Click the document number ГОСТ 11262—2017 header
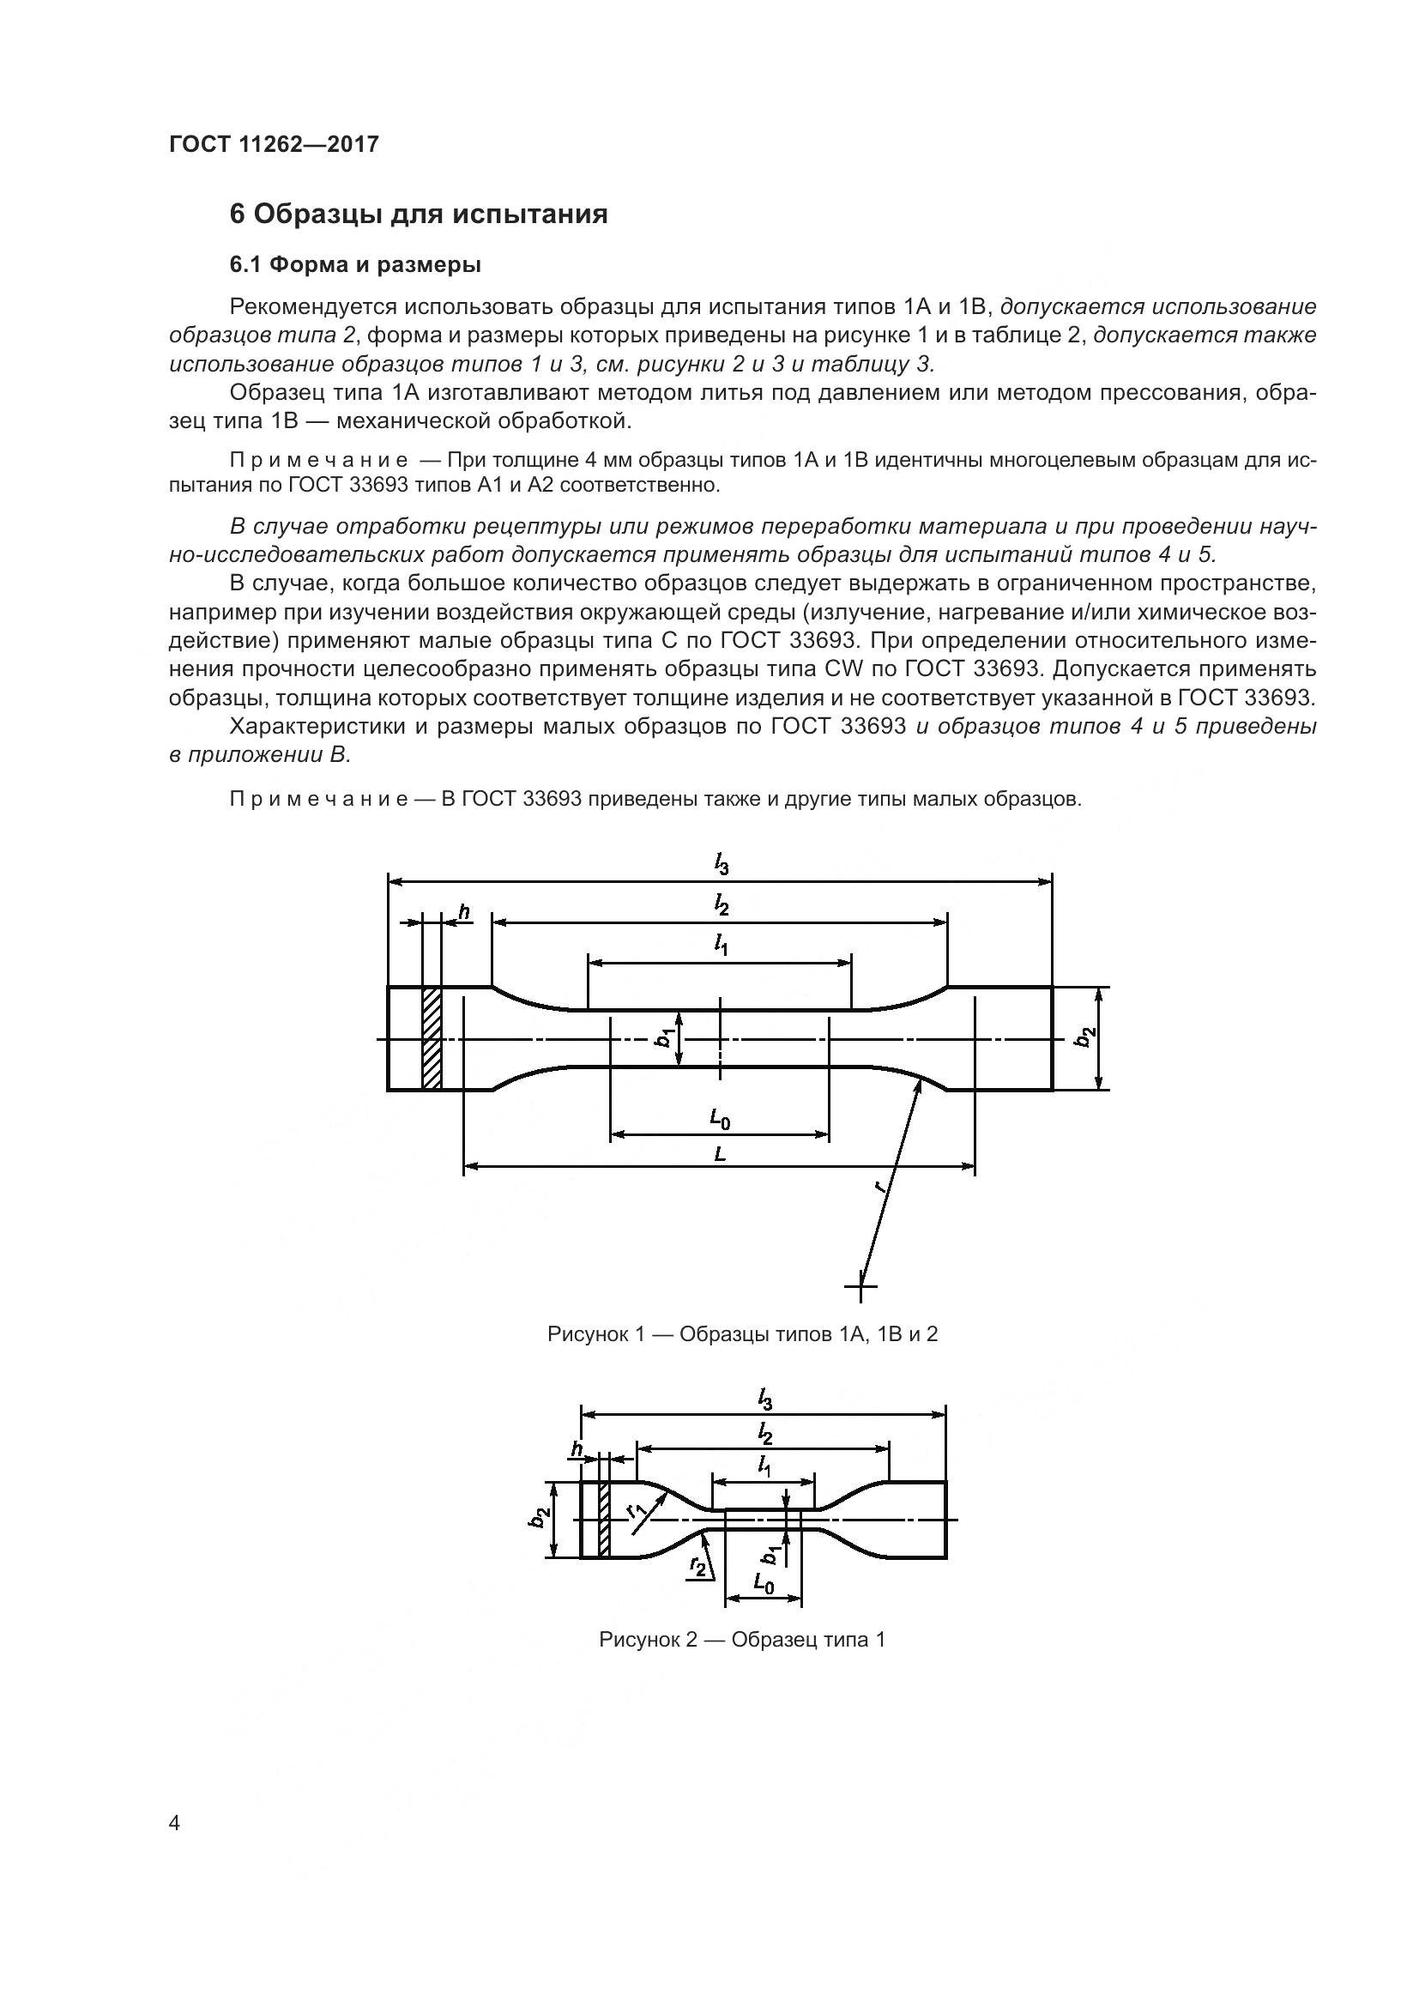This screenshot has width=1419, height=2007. [274, 144]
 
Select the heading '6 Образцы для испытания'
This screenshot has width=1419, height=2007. [419, 215]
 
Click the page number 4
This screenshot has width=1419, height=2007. [175, 1823]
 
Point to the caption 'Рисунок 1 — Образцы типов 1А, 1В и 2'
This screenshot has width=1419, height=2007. [742, 1334]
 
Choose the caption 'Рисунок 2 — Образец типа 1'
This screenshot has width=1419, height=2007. [742, 1640]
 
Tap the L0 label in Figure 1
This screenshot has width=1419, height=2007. [719, 1118]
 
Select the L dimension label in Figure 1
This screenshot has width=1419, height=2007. [719, 1154]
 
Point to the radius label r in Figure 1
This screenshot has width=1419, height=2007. [883, 1186]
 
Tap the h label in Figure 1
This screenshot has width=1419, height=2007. [464, 913]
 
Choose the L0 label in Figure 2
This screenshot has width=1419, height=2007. [763, 1583]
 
